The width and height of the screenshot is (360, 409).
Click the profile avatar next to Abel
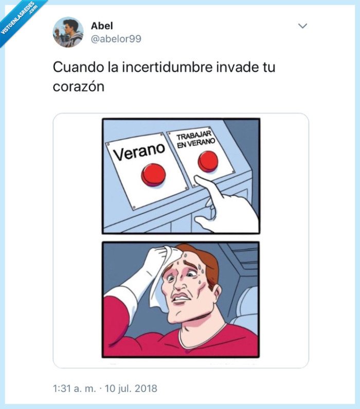point(68,32)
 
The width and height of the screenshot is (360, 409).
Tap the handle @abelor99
point(116,39)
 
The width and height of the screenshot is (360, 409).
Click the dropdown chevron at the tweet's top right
point(302,26)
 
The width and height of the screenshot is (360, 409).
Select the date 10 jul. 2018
point(131,387)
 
